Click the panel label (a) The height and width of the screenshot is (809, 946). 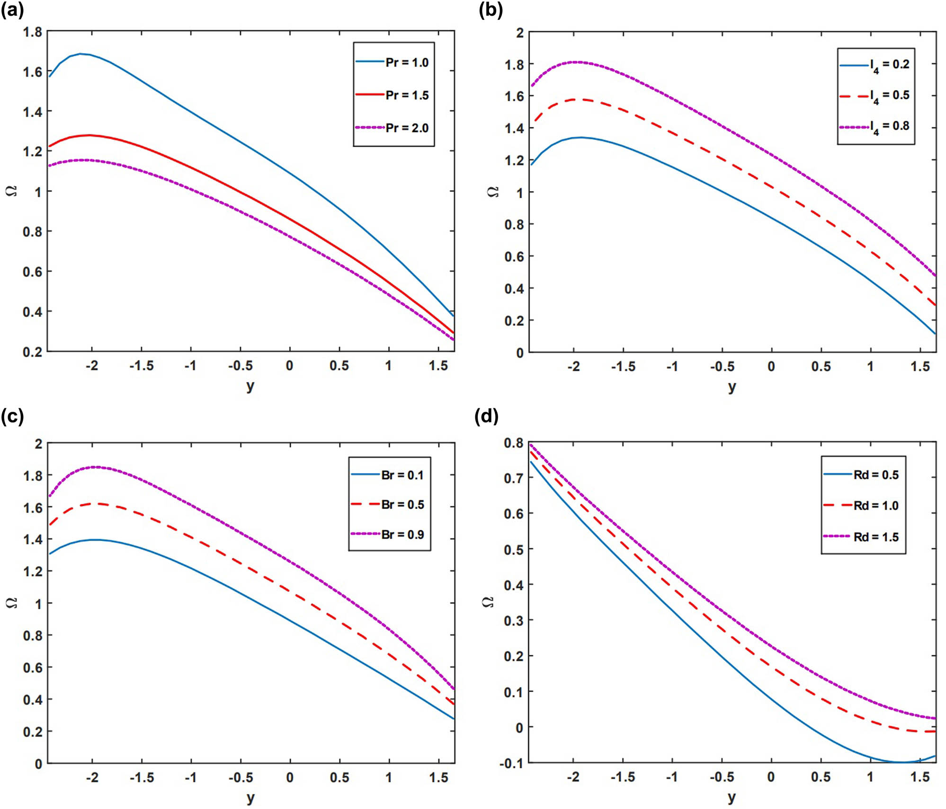coord(12,10)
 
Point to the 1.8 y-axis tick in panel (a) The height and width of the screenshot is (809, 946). coord(32,32)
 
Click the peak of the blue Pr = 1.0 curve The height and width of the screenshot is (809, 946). coord(81,54)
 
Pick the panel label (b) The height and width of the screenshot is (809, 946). coord(491,10)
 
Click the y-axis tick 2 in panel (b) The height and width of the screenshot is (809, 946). coord(520,33)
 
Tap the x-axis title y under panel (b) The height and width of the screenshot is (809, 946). coord(732,387)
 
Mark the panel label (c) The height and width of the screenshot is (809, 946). coord(12,416)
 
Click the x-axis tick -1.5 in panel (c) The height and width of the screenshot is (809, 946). coord(142,778)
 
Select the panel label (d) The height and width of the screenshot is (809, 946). coord(487,416)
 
